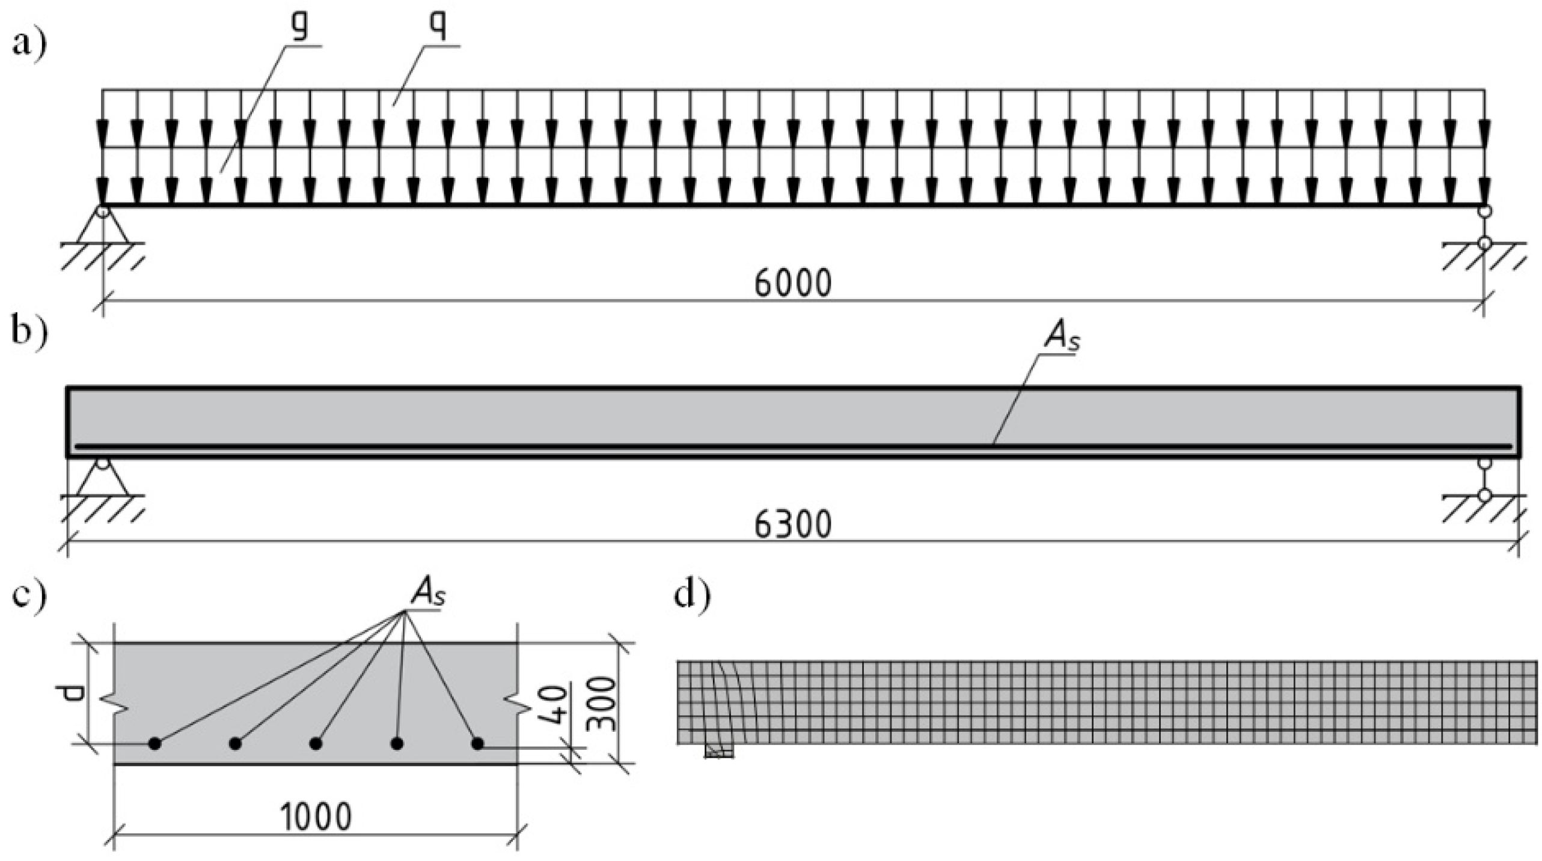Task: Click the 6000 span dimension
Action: click(x=793, y=284)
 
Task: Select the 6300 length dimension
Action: click(x=793, y=525)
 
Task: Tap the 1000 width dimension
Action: click(x=316, y=818)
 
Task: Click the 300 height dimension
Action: click(x=601, y=704)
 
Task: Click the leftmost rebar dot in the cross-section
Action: click(x=155, y=744)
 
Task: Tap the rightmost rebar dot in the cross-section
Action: click(x=477, y=744)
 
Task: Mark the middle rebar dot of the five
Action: click(x=316, y=744)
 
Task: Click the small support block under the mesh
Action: click(x=720, y=752)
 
